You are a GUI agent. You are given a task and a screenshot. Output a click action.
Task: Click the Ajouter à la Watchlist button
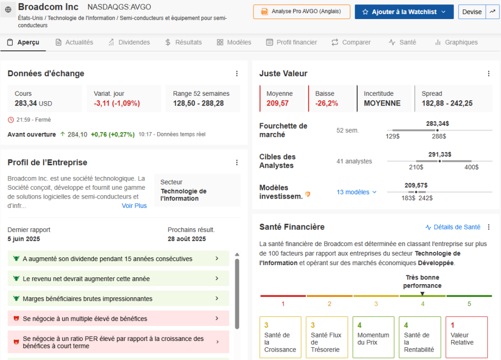[x=404, y=12]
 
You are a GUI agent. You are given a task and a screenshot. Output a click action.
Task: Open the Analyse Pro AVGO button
[x=301, y=12]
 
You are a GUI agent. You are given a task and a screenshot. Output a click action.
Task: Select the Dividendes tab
[x=129, y=43]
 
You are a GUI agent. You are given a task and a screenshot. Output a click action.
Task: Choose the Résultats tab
[x=183, y=43]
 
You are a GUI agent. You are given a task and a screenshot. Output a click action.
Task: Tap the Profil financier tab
[x=292, y=43]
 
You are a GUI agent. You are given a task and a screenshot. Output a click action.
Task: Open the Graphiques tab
[x=456, y=43]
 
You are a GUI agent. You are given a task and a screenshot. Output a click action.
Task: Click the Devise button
[x=472, y=12]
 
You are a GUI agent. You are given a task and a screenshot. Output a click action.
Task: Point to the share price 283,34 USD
[x=33, y=103]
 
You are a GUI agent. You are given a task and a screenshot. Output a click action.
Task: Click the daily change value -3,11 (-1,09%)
[x=116, y=103]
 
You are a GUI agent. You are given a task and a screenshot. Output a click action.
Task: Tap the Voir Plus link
[x=134, y=206]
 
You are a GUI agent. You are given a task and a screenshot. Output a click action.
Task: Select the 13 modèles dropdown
[x=357, y=192]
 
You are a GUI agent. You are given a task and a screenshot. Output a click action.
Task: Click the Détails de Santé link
[x=453, y=227]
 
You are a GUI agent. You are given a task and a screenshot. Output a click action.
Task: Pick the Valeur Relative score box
[x=466, y=337]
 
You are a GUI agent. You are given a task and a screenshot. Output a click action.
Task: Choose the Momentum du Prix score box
[x=373, y=337]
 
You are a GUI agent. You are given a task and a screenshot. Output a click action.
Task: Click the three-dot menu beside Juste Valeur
[x=488, y=74]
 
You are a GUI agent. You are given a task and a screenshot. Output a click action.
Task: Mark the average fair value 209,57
[x=277, y=103]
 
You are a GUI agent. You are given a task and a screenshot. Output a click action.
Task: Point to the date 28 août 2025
[x=187, y=239]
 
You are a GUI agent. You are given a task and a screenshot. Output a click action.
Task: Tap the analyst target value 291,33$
[x=439, y=155]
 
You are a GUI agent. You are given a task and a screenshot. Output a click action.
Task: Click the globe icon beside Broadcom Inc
[x=8, y=9]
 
